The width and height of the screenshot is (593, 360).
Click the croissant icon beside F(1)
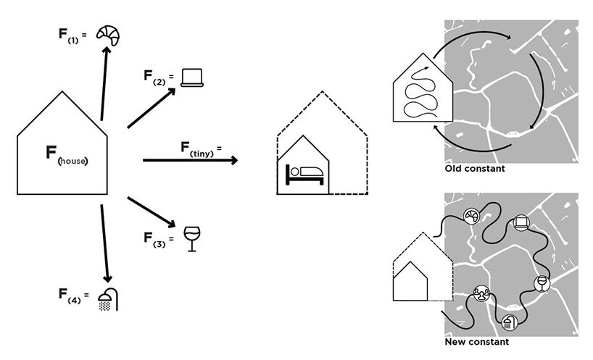point(110,33)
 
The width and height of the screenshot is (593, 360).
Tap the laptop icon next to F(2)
point(193,77)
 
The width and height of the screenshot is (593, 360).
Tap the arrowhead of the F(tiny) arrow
point(233,160)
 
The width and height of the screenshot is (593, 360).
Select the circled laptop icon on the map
point(521,224)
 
